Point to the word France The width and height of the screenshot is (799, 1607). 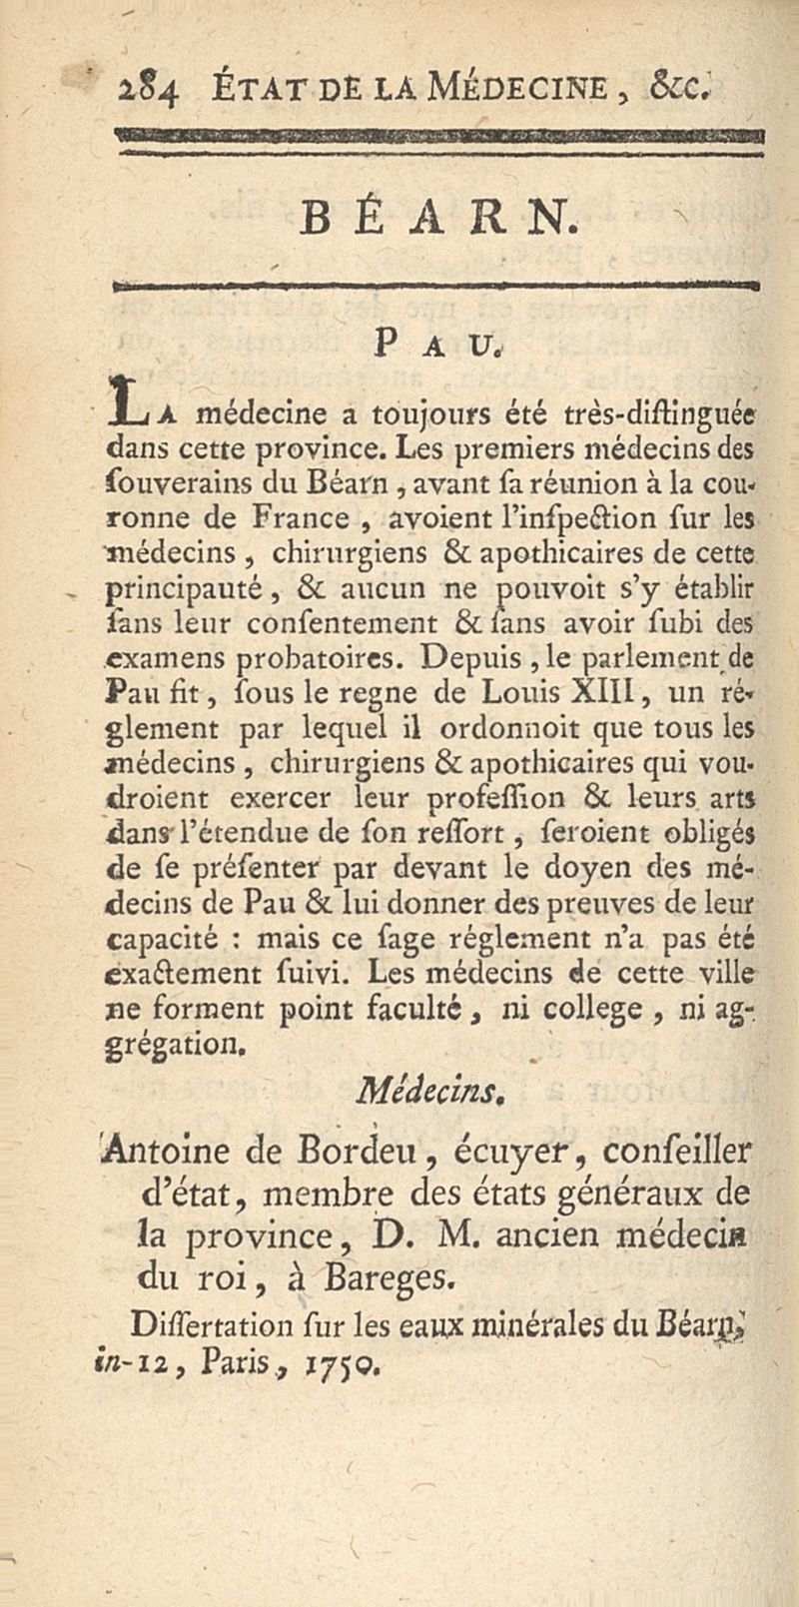(301, 517)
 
